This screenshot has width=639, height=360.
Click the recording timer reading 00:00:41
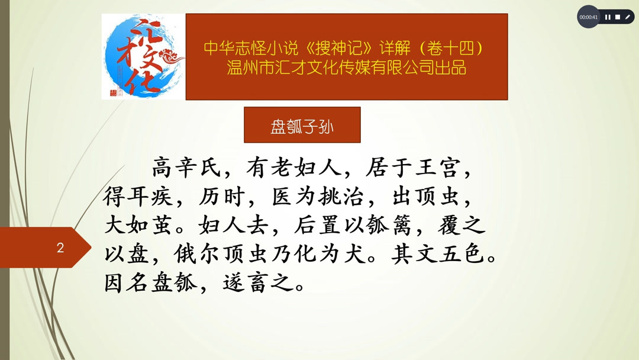[x=589, y=17]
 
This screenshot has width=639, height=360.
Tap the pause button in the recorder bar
[x=608, y=17]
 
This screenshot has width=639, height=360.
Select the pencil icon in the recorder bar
[x=628, y=17]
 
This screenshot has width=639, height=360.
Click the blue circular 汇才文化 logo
[x=143, y=57]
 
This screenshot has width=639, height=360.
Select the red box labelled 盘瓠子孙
[x=302, y=125]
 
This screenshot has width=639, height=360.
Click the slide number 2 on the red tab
[x=60, y=247]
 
